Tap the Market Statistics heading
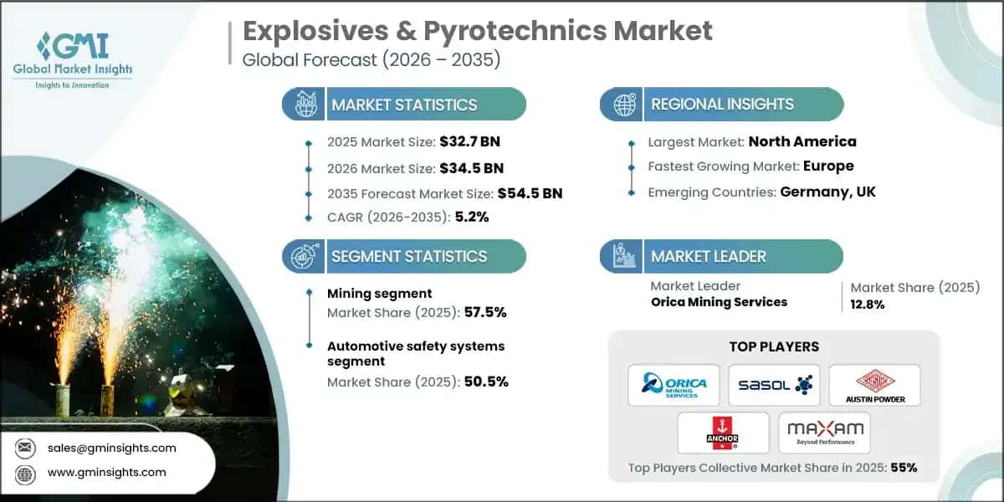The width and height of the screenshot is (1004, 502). click(x=404, y=105)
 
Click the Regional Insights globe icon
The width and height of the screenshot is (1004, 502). click(x=623, y=105)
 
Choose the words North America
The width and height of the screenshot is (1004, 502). click(x=802, y=141)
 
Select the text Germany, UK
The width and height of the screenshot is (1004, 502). click(x=827, y=192)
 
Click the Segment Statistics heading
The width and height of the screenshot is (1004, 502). click(x=408, y=256)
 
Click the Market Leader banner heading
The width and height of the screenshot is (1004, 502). click(x=709, y=256)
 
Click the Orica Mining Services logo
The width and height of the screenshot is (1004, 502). click(x=674, y=385)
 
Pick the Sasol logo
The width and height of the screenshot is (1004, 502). click(x=774, y=385)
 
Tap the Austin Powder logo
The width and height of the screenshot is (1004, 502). click(x=873, y=385)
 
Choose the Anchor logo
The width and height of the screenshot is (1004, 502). click(x=723, y=433)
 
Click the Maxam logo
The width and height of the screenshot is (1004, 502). click(x=824, y=433)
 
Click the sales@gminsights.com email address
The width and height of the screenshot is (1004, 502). click(x=112, y=448)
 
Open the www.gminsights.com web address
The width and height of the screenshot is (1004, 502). click(x=107, y=472)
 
